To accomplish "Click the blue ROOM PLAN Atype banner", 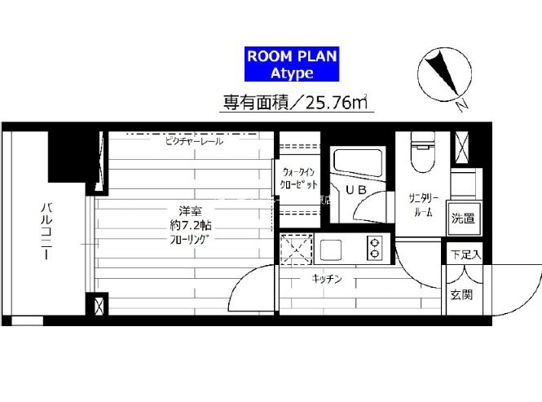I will (292, 64).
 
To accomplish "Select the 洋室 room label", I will (179, 209).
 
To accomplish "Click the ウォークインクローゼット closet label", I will (296, 179).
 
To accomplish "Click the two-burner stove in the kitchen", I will (375, 246).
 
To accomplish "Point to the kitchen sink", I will (332, 247).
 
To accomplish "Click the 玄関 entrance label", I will (460, 294).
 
